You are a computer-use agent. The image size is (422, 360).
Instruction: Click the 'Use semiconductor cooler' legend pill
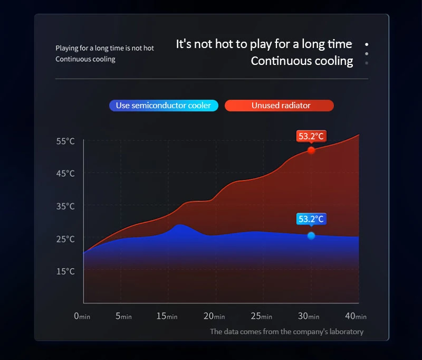tap(163, 106)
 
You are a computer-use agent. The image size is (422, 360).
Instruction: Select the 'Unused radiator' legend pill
tap(279, 106)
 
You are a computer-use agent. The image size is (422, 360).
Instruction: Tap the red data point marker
tap(311, 150)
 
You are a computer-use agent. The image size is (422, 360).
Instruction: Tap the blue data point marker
tap(311, 235)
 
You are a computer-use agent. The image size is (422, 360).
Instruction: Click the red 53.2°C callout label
tap(311, 136)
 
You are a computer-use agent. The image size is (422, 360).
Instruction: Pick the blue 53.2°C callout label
tap(311, 219)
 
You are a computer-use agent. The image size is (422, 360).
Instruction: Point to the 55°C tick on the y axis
tap(65, 141)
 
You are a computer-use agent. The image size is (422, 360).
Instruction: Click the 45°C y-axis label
tap(65, 174)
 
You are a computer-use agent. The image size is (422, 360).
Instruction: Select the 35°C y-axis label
tap(65, 206)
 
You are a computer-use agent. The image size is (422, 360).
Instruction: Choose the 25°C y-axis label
tap(65, 239)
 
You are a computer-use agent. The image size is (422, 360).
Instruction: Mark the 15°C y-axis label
tap(65, 271)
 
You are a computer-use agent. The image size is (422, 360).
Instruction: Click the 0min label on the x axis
tap(82, 316)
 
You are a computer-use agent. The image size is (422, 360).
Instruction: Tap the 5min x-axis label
tap(123, 316)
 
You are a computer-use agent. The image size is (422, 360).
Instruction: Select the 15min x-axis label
tap(167, 316)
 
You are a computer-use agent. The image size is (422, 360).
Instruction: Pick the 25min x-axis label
tap(262, 316)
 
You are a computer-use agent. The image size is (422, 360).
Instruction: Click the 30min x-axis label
tap(309, 316)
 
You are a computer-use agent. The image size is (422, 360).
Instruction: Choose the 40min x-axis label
tap(356, 316)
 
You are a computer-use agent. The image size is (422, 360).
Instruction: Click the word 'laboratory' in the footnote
tap(344, 332)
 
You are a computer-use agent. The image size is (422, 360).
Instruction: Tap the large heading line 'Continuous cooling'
tap(302, 61)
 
